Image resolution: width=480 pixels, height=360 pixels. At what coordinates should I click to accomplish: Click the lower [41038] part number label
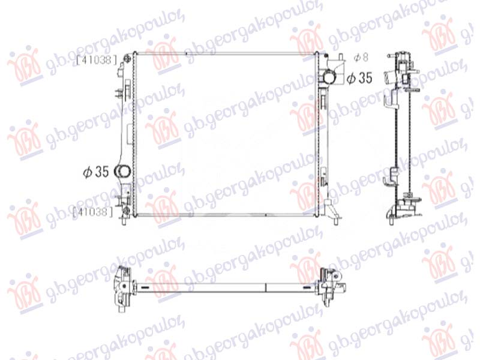pos(92,211)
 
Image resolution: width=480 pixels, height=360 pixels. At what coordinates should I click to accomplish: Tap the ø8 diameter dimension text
pos(360,58)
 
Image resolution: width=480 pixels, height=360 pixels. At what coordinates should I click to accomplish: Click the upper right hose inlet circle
pos(330,77)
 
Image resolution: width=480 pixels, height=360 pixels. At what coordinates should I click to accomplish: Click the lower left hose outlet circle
pos(124,171)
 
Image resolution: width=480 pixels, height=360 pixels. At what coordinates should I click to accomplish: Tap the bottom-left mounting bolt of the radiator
pos(125,211)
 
